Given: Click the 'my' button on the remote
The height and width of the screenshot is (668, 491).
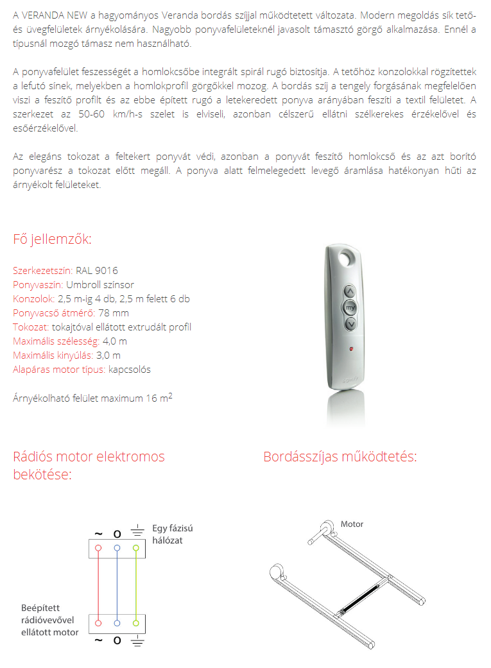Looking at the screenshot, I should click(x=350, y=307).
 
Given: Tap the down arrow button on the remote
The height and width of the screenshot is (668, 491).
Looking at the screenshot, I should click(x=350, y=324).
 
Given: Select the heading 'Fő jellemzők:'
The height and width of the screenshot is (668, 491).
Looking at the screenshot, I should click(x=52, y=239).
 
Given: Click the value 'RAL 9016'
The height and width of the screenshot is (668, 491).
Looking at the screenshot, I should click(x=97, y=271).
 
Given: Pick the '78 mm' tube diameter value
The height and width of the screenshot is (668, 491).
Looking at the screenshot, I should click(x=114, y=313).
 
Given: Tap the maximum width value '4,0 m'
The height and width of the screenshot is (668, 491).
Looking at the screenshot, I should click(x=115, y=341).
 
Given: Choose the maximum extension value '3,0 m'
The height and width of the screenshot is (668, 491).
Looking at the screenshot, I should click(x=108, y=355).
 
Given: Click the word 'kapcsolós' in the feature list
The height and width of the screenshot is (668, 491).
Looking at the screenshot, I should click(x=130, y=369).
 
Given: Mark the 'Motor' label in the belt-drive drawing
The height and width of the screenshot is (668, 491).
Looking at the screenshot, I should click(x=352, y=524).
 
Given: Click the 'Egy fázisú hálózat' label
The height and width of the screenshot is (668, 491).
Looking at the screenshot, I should click(x=172, y=534).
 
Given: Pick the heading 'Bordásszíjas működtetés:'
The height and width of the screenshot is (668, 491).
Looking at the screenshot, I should click(x=340, y=457).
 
